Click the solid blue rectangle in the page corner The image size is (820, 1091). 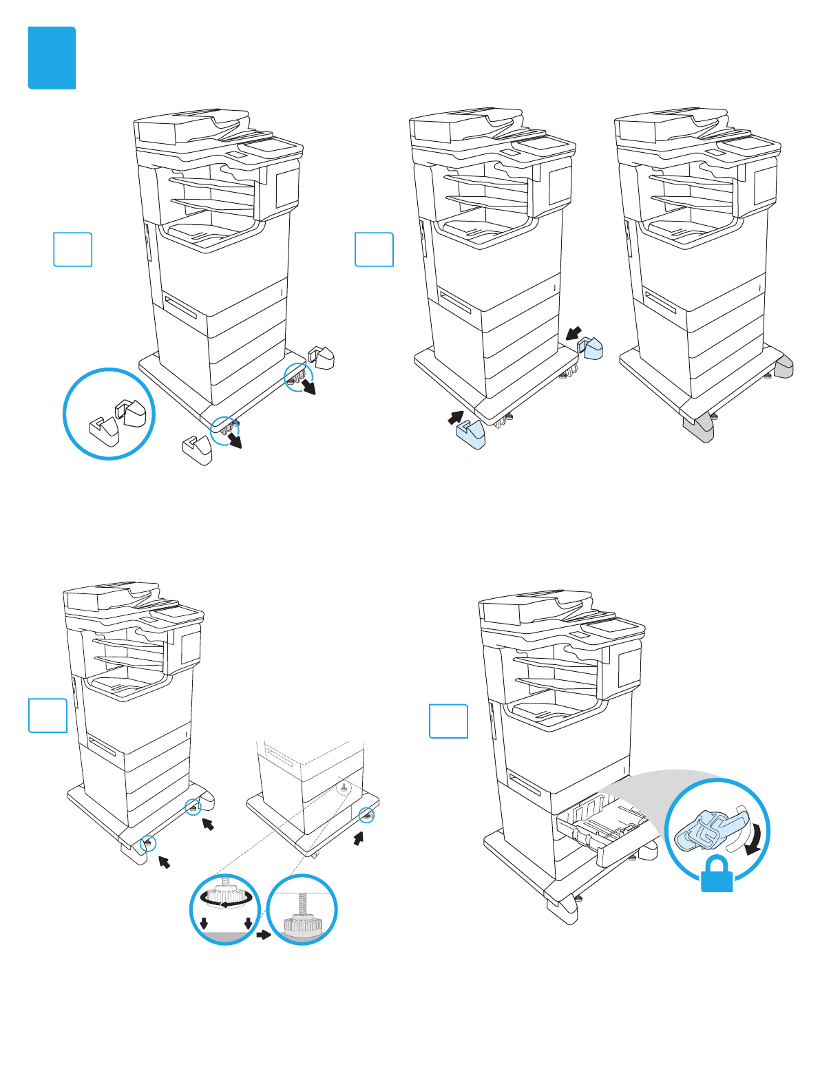(52, 58)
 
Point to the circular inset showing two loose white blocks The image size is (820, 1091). (109, 414)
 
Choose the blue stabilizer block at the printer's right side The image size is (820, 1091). (591, 348)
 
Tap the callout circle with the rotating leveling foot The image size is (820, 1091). (225, 909)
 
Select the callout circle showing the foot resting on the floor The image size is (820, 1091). (302, 909)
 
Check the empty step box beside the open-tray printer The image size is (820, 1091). (448, 721)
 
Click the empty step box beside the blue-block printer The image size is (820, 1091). (374, 249)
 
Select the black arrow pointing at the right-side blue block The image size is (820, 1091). (574, 333)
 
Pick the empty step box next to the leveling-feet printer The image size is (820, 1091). (48, 715)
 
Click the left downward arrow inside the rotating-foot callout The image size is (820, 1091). (204, 923)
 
